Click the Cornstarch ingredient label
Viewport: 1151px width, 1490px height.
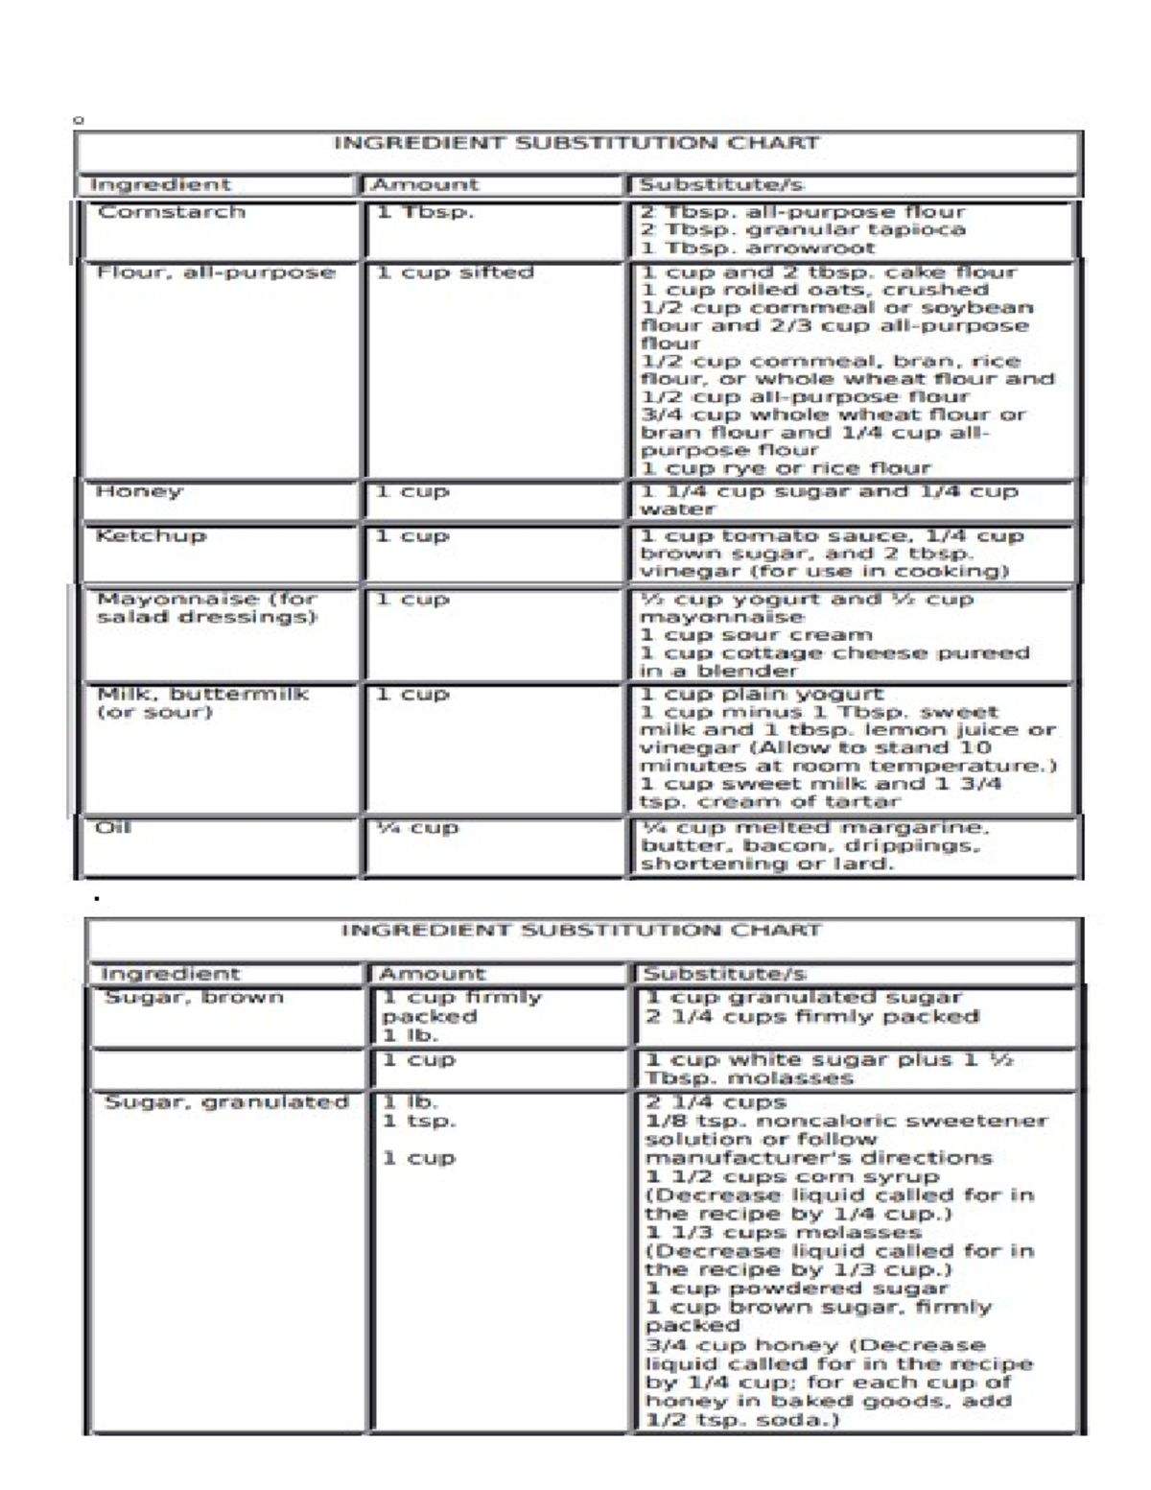point(171,212)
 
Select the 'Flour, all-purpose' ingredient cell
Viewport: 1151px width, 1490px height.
point(216,272)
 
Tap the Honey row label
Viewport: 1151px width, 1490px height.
point(138,491)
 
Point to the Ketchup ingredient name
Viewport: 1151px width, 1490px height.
point(151,535)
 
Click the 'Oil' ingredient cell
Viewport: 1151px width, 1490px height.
point(113,828)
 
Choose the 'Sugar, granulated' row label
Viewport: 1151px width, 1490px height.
point(225,1101)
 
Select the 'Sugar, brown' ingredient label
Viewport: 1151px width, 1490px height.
point(194,997)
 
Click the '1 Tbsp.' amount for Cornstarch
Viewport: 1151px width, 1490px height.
point(425,212)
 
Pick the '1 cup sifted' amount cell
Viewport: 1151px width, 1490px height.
point(455,272)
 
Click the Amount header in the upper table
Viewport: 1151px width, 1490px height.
point(424,184)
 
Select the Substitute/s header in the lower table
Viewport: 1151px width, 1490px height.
point(724,974)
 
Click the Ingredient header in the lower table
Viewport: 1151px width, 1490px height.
point(170,974)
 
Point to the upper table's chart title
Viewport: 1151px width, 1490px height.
point(575,144)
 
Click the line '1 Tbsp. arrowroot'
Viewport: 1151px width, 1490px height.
point(758,248)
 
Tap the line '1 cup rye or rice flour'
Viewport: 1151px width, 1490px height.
point(786,468)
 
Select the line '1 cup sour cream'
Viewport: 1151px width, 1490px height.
point(756,635)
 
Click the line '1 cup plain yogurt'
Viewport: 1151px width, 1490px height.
point(762,694)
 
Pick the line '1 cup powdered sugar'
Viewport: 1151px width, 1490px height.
point(796,1289)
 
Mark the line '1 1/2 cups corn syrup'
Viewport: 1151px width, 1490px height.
point(791,1176)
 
